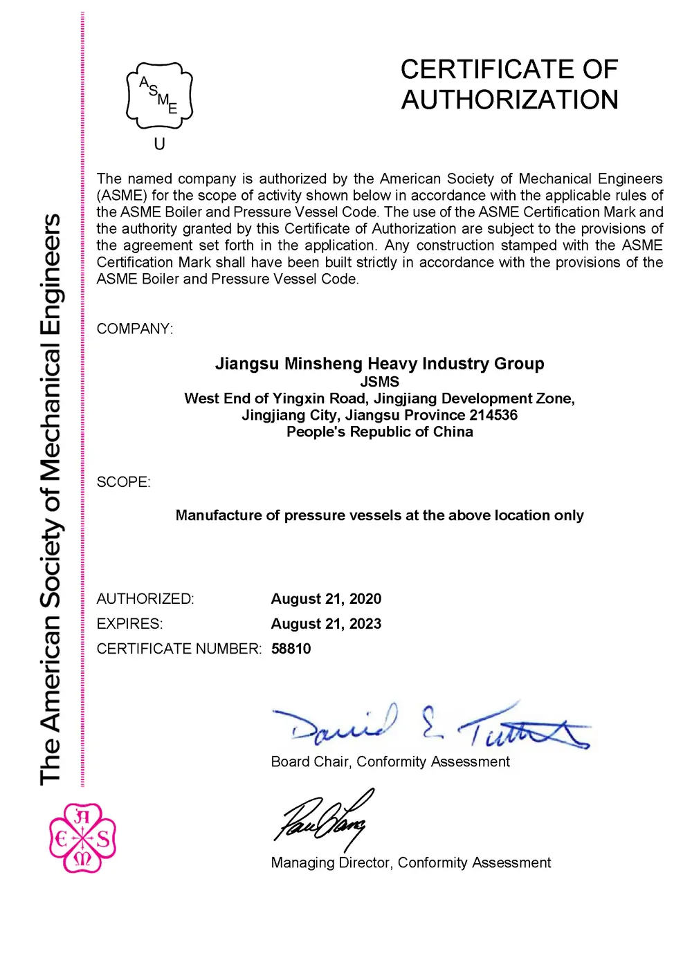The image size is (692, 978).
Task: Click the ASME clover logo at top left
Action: coord(159,96)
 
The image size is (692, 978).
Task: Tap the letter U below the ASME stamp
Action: coord(159,144)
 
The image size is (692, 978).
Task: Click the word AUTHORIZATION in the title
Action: coord(509,100)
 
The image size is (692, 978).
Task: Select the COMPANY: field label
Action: coord(135,329)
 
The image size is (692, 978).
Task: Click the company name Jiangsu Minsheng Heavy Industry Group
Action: coord(379,364)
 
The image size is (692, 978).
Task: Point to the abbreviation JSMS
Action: coord(379,382)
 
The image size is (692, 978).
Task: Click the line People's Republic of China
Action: coord(379,432)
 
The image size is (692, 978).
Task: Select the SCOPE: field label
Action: coord(123,482)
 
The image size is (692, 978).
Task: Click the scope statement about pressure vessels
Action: coord(379,515)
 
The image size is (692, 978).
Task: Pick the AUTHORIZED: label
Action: coord(145,599)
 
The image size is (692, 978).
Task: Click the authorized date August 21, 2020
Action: coord(326,599)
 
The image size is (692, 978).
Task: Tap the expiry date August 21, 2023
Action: coord(326,624)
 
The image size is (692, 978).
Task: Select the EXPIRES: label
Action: coord(129,624)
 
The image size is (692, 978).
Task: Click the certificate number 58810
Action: coord(291,649)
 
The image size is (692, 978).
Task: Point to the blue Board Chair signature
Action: coord(429,726)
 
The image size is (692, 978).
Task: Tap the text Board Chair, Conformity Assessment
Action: coord(390,762)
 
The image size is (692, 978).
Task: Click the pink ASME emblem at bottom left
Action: coord(82,838)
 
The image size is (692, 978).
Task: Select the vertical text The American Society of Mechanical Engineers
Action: coord(50,498)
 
